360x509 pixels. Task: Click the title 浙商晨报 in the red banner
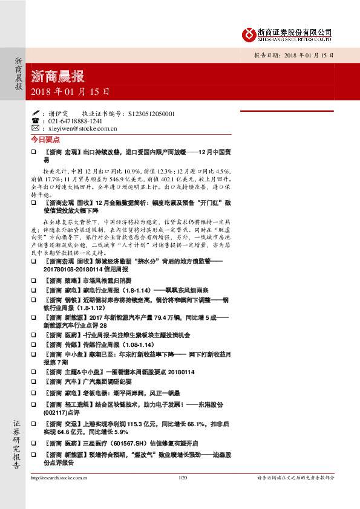(57, 77)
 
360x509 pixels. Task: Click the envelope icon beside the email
(36, 128)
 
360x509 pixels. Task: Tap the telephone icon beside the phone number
(36, 121)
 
